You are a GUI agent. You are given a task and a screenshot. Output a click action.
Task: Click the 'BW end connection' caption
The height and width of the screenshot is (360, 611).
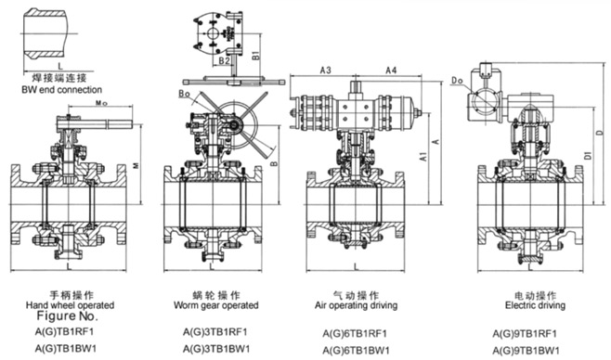61,90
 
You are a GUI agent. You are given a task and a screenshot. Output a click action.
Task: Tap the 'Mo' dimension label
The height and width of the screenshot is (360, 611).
101,103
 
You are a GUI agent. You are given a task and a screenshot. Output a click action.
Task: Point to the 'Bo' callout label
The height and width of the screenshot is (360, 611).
185,95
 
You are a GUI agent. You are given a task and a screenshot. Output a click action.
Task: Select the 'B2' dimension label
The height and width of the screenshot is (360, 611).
224,60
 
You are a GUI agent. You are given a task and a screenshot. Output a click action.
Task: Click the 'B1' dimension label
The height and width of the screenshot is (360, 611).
255,55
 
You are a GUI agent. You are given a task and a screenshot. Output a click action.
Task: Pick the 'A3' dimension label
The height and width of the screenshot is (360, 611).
325,71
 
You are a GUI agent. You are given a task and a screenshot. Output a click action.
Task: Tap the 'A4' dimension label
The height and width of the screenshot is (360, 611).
391,71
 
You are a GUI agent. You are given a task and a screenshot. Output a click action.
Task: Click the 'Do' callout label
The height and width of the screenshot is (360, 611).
457,81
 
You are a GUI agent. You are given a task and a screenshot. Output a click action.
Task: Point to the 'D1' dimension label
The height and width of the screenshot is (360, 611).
588,155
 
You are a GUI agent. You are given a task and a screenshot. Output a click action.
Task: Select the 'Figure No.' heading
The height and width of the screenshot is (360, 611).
68,315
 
